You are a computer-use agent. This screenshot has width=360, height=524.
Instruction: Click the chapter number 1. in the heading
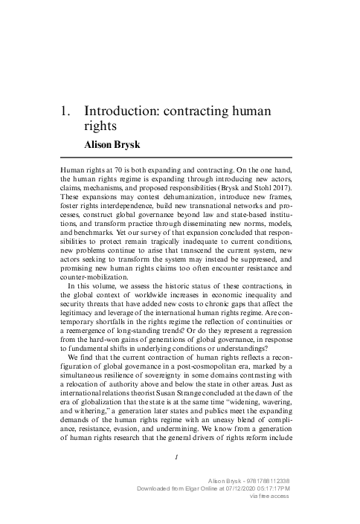click(x=65, y=111)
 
